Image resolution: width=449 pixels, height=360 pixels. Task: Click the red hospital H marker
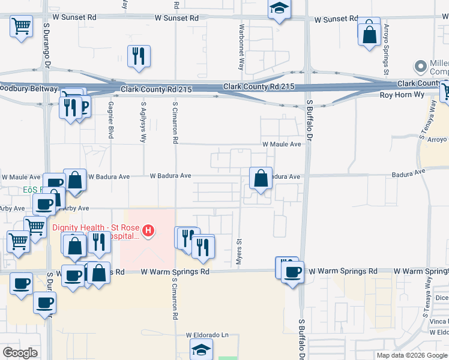click(146, 229)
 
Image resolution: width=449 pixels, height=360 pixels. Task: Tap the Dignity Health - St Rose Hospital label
click(96, 232)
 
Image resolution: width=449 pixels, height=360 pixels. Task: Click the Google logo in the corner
click(20, 352)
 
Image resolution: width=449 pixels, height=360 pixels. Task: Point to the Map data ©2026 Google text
click(412, 355)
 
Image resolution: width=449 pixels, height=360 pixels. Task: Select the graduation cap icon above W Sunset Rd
click(278, 9)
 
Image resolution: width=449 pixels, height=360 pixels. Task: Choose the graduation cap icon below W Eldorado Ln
click(201, 349)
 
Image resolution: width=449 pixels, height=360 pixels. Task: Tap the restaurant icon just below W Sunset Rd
click(139, 56)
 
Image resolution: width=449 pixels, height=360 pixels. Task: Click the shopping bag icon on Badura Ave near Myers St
click(261, 178)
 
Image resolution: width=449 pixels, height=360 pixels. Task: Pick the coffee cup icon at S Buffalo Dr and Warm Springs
click(293, 272)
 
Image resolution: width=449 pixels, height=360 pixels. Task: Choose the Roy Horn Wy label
click(401, 95)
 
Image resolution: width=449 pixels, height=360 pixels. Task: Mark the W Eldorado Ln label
click(207, 335)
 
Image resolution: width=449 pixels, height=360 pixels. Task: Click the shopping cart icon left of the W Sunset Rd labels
click(21, 26)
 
